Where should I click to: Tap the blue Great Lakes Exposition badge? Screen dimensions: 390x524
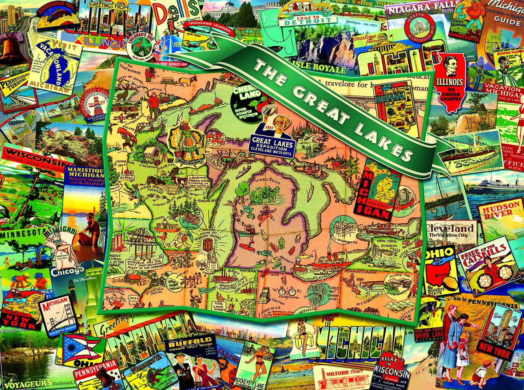(273, 144)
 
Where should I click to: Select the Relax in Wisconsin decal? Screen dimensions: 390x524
(391, 369)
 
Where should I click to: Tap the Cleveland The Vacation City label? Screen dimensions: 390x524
(450, 231)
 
